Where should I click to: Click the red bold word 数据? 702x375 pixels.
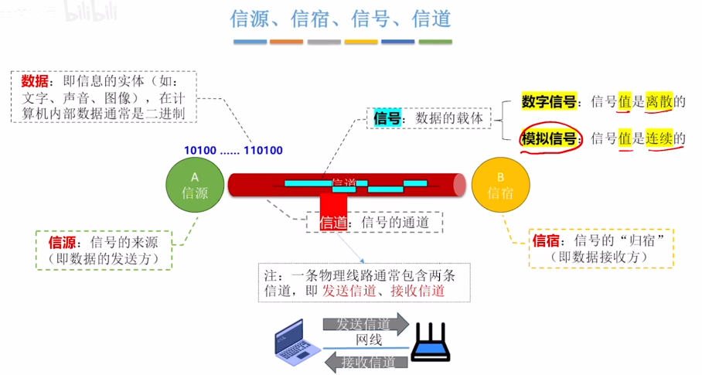coord(35,81)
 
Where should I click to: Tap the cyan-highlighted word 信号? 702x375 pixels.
coord(387,118)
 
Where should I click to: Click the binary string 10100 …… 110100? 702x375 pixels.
coord(233,150)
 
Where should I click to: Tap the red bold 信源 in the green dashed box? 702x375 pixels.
coord(63,242)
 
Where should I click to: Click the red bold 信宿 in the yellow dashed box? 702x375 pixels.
coord(547,241)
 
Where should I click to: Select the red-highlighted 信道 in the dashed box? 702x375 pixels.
coord(334,223)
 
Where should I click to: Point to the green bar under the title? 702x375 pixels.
coord(435,41)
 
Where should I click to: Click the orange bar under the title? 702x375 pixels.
coord(286,41)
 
